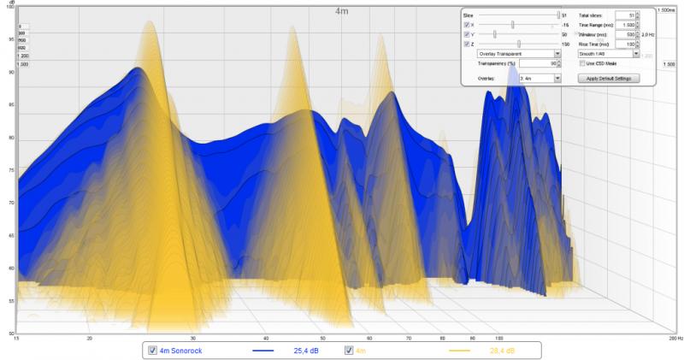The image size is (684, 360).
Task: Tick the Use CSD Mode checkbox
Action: [581, 63]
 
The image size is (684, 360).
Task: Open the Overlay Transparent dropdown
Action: [518, 53]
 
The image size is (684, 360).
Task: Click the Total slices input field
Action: [625, 15]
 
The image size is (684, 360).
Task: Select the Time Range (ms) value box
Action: [625, 25]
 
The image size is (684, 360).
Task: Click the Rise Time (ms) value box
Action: [625, 44]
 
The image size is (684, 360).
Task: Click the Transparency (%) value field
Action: [543, 63]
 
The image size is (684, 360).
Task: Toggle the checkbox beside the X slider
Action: [466, 25]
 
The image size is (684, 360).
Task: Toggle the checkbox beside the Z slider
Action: [466, 44]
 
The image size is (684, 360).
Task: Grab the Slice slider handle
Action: [558, 15]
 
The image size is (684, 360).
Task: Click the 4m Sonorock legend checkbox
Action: [152, 351]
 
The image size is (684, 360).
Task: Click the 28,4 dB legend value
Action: [502, 351]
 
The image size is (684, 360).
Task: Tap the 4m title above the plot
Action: [342, 11]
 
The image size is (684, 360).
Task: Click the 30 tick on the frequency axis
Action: [193, 339]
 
